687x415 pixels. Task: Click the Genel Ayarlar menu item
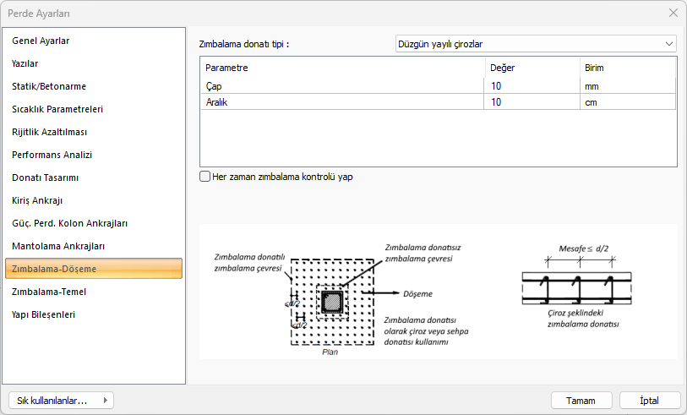(41, 41)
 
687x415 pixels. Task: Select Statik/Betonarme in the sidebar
(49, 86)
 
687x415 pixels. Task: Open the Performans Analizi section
(52, 155)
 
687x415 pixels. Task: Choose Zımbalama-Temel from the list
(49, 292)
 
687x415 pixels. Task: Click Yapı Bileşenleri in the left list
(44, 314)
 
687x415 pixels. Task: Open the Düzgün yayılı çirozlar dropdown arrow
(669, 44)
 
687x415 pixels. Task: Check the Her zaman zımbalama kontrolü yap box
(204, 177)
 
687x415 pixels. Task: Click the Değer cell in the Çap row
(532, 86)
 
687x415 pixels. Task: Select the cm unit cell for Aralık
(627, 102)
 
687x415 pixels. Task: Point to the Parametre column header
(226, 68)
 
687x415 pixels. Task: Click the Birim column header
(594, 68)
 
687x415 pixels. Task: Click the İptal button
(649, 401)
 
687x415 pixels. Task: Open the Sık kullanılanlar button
(61, 400)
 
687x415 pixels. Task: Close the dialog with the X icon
(673, 14)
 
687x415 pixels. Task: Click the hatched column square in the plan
(332, 302)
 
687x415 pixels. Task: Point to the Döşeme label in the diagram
(417, 293)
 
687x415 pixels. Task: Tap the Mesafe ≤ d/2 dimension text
(584, 248)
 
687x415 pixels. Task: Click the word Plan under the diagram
(330, 352)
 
